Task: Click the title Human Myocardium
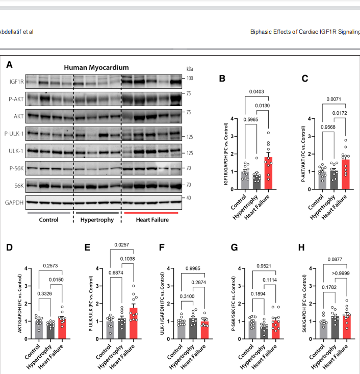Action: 96,67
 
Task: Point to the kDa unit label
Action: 189,69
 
